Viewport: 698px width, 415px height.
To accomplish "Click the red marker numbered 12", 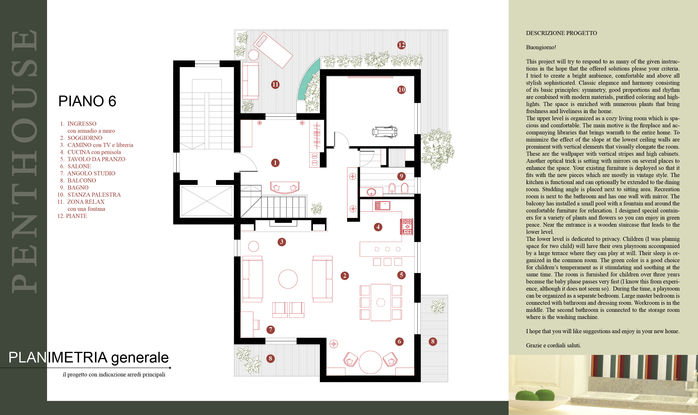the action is click(401, 45).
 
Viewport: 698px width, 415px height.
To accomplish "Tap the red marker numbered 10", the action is click(401, 90).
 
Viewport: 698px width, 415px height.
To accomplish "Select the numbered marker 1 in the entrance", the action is click(275, 163).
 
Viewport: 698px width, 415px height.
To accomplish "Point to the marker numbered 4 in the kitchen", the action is click(378, 227).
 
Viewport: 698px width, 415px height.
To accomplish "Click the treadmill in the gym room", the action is click(385, 132).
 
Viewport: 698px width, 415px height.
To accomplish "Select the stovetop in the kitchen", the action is click(407, 226).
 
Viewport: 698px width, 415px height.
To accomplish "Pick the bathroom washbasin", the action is click(371, 192).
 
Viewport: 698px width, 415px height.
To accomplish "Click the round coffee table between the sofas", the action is click(288, 279).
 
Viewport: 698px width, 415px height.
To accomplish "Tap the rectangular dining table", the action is click(381, 302).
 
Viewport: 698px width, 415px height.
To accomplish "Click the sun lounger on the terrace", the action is click(273, 50).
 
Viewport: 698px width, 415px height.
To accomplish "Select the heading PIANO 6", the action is click(87, 101).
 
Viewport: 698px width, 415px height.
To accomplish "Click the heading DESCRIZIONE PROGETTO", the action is click(561, 33).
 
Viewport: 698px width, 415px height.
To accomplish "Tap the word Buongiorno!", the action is click(541, 47).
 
